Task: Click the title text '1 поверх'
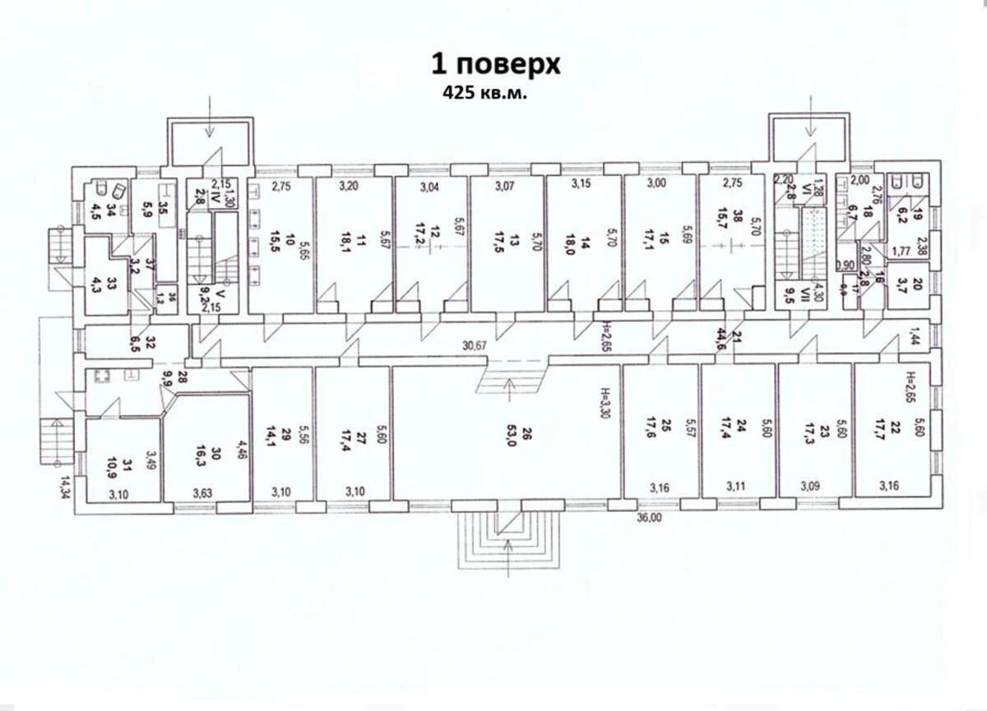coord(496,64)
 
